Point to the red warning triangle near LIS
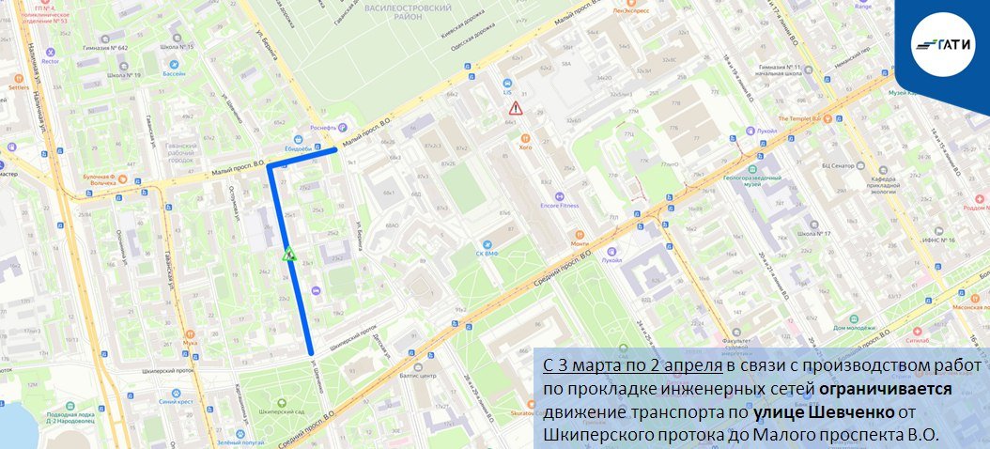coord(515,109)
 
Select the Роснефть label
coord(318,129)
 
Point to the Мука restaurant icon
coord(190,333)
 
